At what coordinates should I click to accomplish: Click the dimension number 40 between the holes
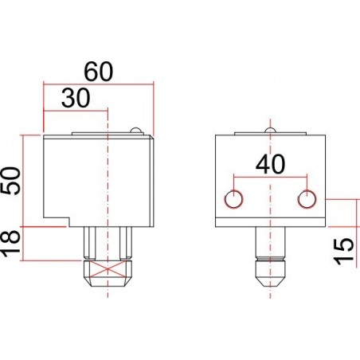271,164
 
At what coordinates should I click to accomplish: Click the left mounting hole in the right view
233,198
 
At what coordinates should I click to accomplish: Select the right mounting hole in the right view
307,198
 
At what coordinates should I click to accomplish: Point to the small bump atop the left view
136,130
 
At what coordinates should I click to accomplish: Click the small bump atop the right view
271,130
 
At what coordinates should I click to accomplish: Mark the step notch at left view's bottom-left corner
56,221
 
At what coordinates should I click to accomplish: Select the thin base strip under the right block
271,222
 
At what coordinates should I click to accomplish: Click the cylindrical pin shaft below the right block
270,242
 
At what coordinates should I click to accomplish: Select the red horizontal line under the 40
270,176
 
